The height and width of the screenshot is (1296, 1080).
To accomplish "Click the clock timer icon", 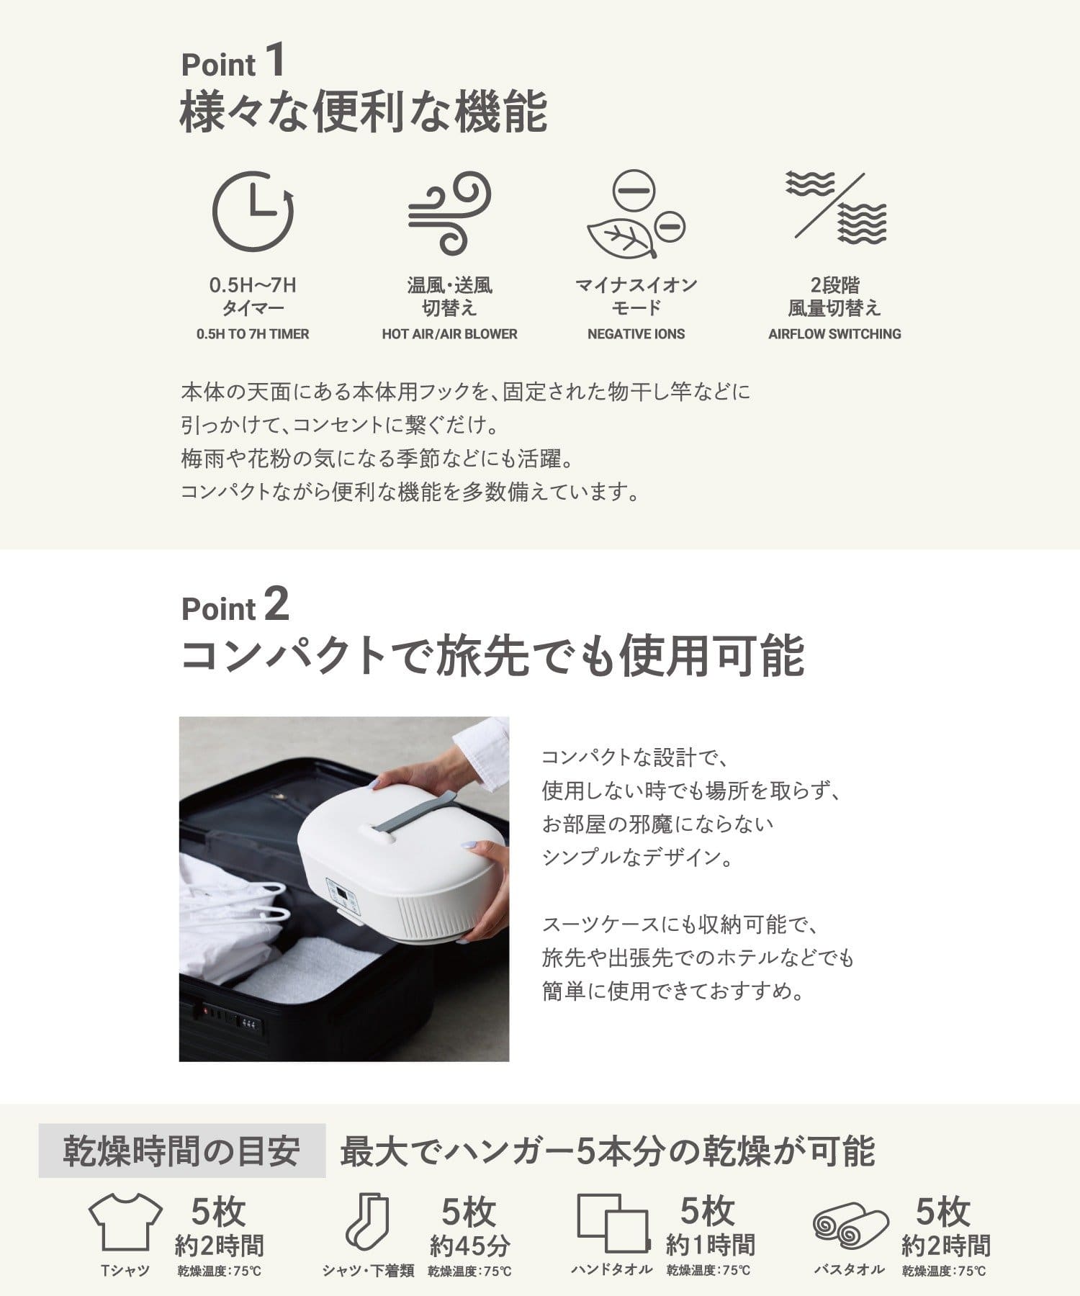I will pos(253,212).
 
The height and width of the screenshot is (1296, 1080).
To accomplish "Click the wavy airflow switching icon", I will pos(835,207).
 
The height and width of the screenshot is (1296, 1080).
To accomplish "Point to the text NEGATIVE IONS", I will pos(636,334).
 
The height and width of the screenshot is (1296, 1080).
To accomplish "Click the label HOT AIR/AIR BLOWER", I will pos(449,334).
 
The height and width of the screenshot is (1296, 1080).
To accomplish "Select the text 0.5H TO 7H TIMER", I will pos(253,334).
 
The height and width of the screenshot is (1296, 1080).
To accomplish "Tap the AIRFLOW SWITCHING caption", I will pos(834,334).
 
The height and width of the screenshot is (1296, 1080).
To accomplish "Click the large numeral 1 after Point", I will pos(275,60).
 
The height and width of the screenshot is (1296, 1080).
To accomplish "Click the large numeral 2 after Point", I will pos(276,605).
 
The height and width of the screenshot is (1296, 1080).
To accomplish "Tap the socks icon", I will pos(367,1222).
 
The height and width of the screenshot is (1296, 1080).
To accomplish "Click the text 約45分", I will pos(469,1245).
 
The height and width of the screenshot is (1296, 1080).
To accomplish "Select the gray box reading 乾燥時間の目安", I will pos(181,1151).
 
